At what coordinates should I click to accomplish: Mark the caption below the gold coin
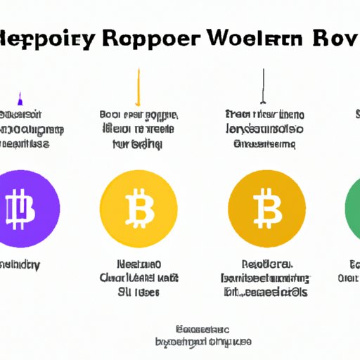(264, 279)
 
